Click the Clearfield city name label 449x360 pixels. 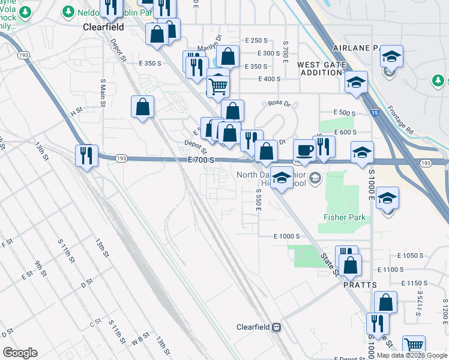pyautogui.click(x=103, y=28)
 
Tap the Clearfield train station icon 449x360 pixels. pyautogui.click(x=277, y=328)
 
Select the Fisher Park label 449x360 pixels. pyautogui.click(x=345, y=217)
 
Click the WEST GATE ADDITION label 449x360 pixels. pyautogui.click(x=321, y=68)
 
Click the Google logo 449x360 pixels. pyautogui.click(x=20, y=353)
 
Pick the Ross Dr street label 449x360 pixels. pyautogui.click(x=279, y=104)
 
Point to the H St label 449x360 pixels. pyautogui.click(x=76, y=112)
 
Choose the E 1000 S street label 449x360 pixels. pyautogui.click(x=286, y=237)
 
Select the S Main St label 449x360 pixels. pyautogui.click(x=103, y=94)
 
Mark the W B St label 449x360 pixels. pyautogui.click(x=140, y=343)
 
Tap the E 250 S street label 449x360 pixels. pyautogui.click(x=256, y=40)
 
